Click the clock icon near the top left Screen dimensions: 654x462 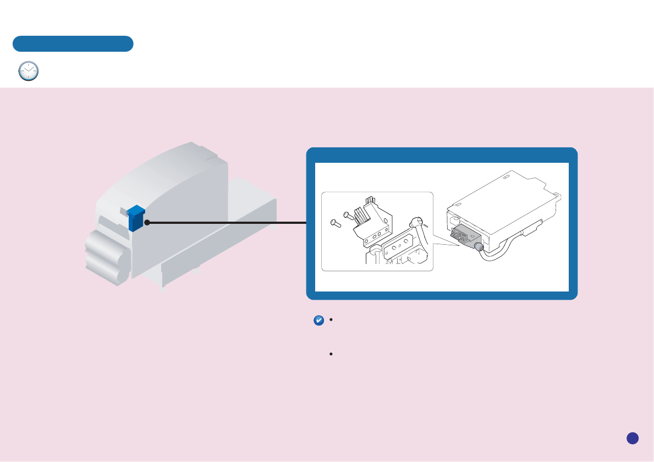point(29,71)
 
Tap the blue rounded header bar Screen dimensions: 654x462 point(73,44)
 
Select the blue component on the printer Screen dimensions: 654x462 point(136,218)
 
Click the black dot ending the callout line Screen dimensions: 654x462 point(147,223)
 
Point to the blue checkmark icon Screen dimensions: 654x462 point(318,321)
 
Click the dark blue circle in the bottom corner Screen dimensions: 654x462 point(633,438)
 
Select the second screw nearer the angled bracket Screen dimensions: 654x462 point(348,216)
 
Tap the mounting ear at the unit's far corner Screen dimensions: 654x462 point(558,194)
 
